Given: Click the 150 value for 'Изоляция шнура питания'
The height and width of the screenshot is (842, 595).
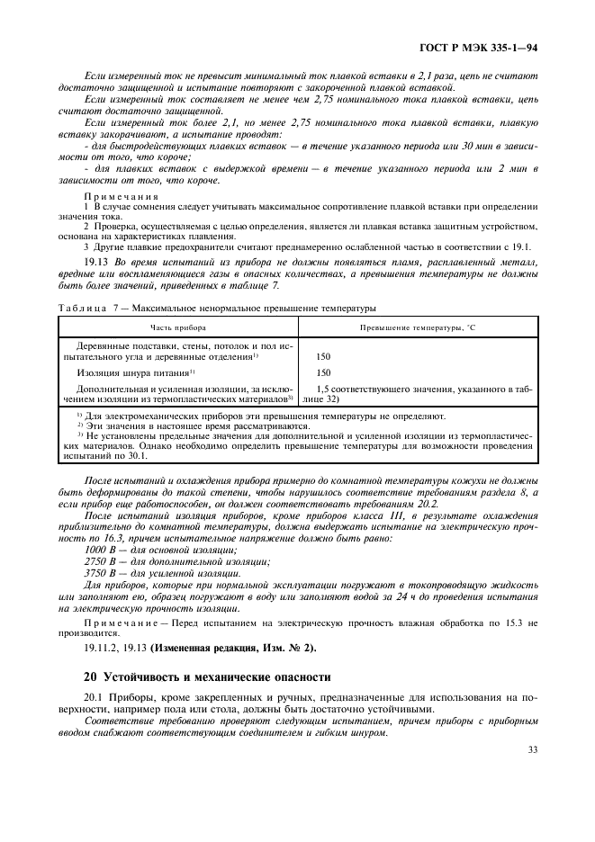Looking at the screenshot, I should pyautogui.click(x=324, y=372).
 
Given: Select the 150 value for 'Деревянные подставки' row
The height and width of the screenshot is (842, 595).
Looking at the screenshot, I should pyautogui.click(x=324, y=356).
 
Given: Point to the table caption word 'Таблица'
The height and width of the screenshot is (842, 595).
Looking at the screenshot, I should pyautogui.click(x=81, y=307).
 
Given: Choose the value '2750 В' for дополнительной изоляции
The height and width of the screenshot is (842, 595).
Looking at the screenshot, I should pyautogui.click(x=101, y=561).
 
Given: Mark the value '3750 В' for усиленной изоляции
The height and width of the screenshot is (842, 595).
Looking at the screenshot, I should pyautogui.click(x=101, y=573).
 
